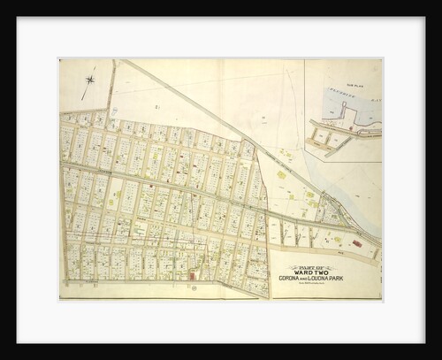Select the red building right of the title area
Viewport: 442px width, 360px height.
(356, 242)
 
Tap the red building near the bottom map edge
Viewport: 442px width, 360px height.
(192, 275)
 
